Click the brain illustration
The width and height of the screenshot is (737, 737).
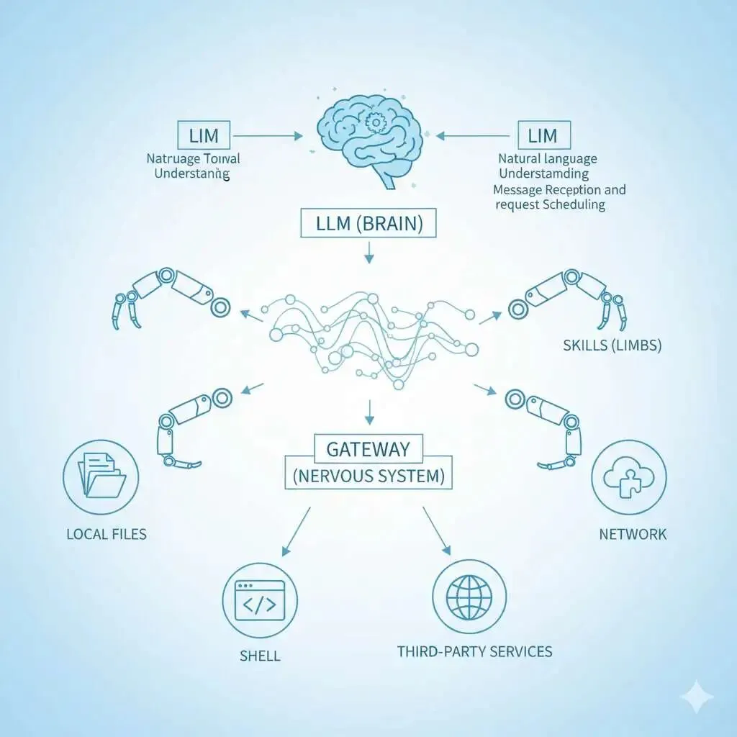pyautogui.click(x=367, y=140)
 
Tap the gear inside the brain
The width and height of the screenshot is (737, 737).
pyautogui.click(x=374, y=123)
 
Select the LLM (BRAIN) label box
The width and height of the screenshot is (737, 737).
pyautogui.click(x=368, y=224)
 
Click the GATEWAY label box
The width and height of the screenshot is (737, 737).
pyautogui.click(x=368, y=449)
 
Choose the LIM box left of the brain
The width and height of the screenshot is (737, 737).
pyautogui.click(x=203, y=135)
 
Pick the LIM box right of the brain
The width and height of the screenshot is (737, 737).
pyautogui.click(x=543, y=135)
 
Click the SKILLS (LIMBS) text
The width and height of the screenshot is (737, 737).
pyautogui.click(x=612, y=346)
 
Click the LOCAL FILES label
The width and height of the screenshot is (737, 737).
pyautogui.click(x=107, y=534)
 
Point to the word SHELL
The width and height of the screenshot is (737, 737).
pyautogui.click(x=260, y=656)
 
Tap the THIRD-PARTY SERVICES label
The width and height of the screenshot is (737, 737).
pyautogui.click(x=475, y=651)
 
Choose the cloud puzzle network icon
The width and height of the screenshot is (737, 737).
pyautogui.click(x=628, y=478)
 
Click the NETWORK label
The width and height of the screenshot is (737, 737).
pyautogui.click(x=633, y=534)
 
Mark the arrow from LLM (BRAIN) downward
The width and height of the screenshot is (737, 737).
pyautogui.click(x=368, y=251)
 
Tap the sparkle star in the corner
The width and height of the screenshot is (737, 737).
pyautogui.click(x=697, y=697)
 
